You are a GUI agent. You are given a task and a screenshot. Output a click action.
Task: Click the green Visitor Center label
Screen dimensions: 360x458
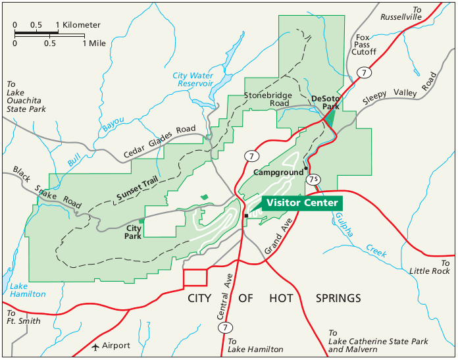click(x=302, y=203)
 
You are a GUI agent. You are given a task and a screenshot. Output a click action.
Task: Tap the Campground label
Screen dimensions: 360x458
click(x=278, y=172)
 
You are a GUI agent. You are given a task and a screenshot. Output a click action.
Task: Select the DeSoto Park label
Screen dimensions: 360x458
click(x=325, y=102)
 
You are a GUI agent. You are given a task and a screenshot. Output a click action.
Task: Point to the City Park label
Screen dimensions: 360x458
click(x=134, y=232)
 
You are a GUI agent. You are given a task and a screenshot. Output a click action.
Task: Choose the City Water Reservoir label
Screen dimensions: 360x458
click(x=193, y=80)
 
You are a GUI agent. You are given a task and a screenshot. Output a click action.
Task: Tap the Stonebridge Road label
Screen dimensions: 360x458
click(x=267, y=99)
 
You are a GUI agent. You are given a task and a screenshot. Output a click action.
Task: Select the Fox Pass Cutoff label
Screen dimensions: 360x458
click(x=363, y=45)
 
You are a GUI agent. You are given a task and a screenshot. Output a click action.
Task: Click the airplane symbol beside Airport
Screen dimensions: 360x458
click(x=96, y=346)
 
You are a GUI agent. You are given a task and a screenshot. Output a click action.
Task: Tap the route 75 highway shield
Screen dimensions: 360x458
click(x=314, y=179)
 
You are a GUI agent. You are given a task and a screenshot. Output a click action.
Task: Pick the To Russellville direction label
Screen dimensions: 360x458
click(x=398, y=14)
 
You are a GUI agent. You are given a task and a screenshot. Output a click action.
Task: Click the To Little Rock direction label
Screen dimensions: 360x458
click(x=429, y=267)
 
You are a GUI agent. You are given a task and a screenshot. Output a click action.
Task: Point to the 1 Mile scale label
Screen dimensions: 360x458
click(x=94, y=43)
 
